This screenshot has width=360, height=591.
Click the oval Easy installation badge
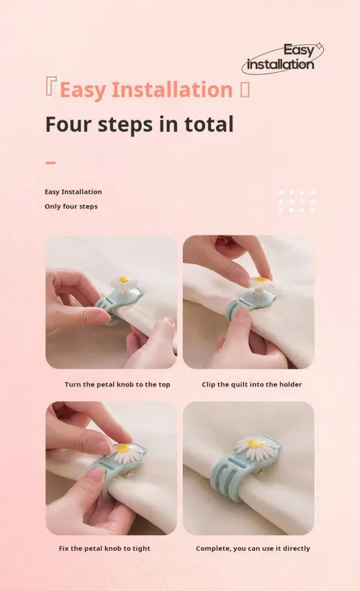(x=282, y=58)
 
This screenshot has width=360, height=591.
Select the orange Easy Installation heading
(x=146, y=90)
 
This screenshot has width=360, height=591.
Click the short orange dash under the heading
(x=50, y=163)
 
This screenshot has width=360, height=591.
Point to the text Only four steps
(x=71, y=207)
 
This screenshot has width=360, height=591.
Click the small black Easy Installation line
(x=73, y=192)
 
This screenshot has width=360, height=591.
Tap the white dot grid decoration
(x=297, y=202)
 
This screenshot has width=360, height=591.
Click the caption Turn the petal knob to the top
(x=117, y=384)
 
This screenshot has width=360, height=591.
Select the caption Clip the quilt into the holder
(x=252, y=384)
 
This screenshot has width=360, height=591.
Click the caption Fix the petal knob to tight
(x=104, y=549)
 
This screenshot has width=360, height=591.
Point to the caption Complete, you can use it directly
(x=253, y=549)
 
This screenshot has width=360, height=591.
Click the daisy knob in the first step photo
(x=123, y=283)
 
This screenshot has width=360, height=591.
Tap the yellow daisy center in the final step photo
(x=255, y=443)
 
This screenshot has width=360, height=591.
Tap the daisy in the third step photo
(x=123, y=451)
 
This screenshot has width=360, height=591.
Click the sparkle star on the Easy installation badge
(x=320, y=47)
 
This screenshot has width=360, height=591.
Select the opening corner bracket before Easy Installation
(x=50, y=86)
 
